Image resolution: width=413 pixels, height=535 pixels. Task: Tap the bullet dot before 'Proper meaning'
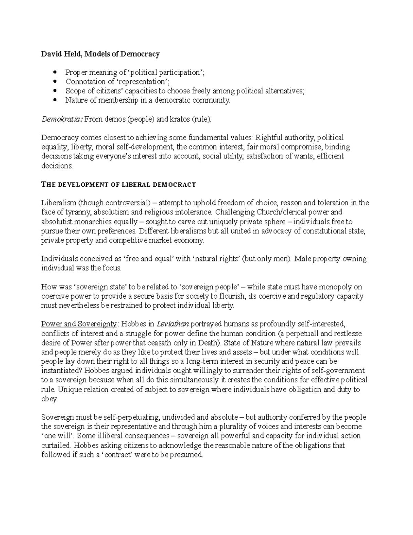[55, 73]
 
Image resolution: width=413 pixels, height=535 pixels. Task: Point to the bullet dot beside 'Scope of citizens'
[55, 91]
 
